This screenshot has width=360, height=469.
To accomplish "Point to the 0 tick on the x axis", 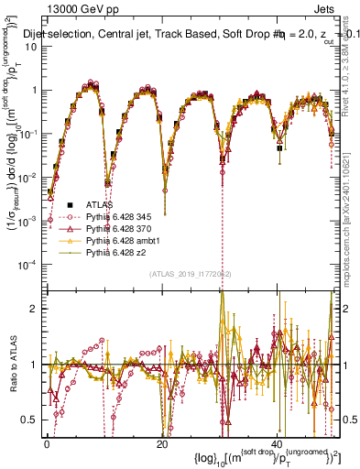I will (47, 443).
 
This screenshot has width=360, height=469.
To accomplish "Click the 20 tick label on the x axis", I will (162, 443).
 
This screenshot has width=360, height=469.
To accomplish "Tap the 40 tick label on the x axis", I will (278, 443).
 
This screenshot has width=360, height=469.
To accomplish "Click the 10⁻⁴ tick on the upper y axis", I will (29, 264).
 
